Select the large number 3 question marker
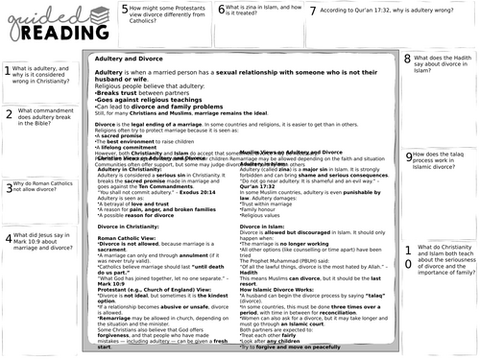click(x=8, y=187)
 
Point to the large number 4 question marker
click(x=8, y=239)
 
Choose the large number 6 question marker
click(x=222, y=12)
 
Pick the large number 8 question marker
click(x=408, y=60)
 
